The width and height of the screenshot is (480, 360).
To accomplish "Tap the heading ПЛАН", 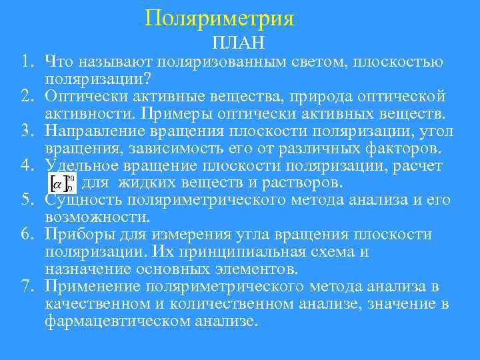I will [238, 43].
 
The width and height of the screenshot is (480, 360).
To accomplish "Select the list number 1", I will [25, 63].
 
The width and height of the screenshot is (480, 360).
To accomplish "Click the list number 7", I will [25, 287].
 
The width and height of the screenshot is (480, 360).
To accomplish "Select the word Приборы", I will [79, 235].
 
